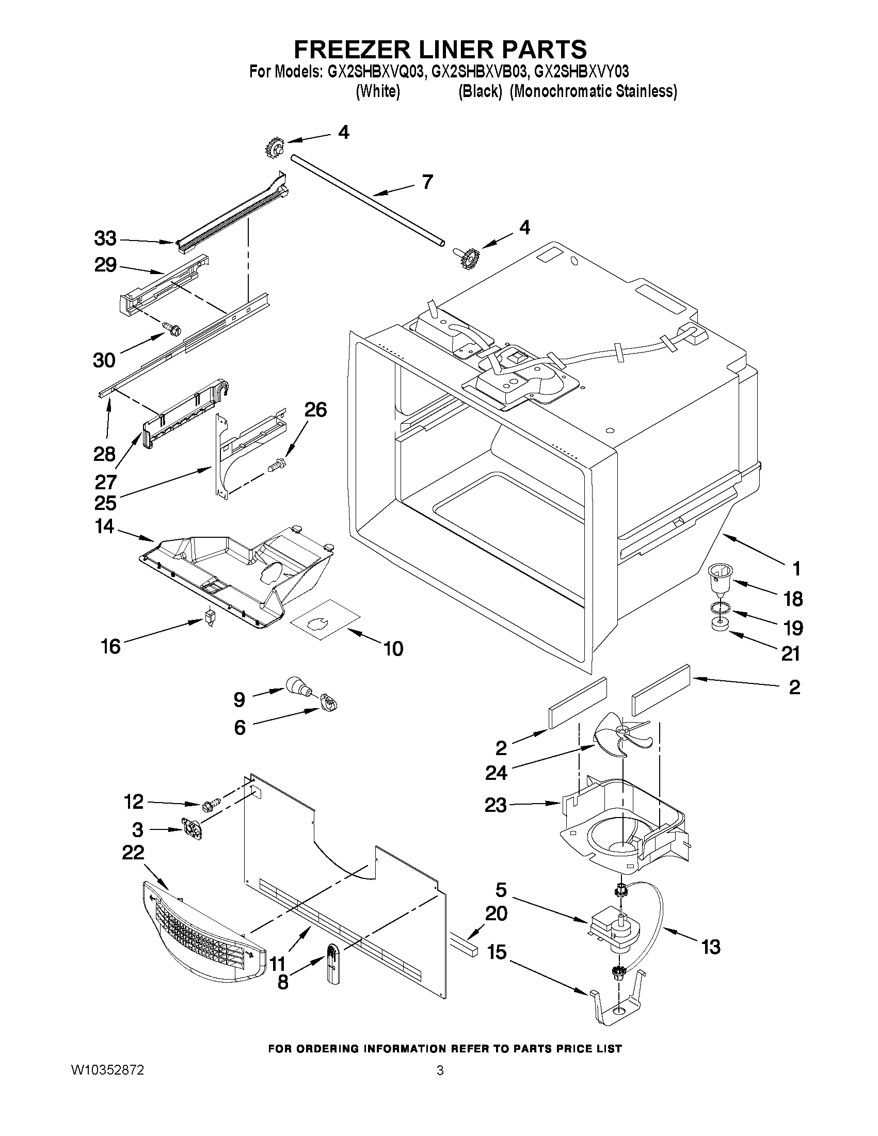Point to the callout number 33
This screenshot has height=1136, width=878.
105,239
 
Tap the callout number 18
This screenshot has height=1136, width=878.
793,599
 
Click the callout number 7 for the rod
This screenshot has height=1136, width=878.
426,182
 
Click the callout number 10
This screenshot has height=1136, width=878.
393,649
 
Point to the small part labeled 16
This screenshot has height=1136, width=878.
210,616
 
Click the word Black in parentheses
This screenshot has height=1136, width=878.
480,91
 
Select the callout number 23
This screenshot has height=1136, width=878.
496,805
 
